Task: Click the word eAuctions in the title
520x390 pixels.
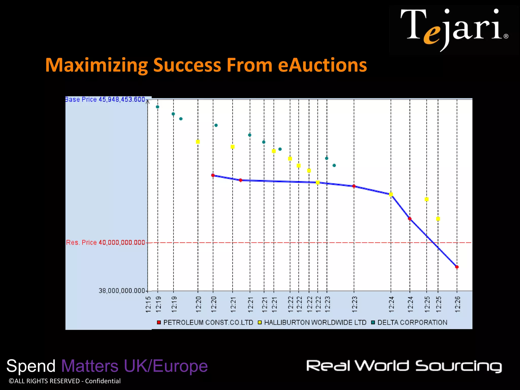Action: click(322, 65)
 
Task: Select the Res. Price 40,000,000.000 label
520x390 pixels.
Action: click(105, 242)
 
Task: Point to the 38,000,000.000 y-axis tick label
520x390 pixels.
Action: click(122, 291)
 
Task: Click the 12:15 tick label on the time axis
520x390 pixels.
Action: click(149, 304)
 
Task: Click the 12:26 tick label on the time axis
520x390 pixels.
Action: click(457, 304)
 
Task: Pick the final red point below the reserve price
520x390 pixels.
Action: click(457, 267)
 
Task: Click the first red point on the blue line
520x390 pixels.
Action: click(213, 175)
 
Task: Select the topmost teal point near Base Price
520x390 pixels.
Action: click(157, 107)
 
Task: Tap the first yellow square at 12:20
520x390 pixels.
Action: click(198, 142)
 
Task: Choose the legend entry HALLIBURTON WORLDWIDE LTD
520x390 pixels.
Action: click(312, 322)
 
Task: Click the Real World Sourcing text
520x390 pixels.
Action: click(404, 366)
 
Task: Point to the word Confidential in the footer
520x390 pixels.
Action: click(103, 381)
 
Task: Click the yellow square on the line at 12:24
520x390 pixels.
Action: click(391, 194)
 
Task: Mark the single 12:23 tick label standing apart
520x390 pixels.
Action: click(354, 304)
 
